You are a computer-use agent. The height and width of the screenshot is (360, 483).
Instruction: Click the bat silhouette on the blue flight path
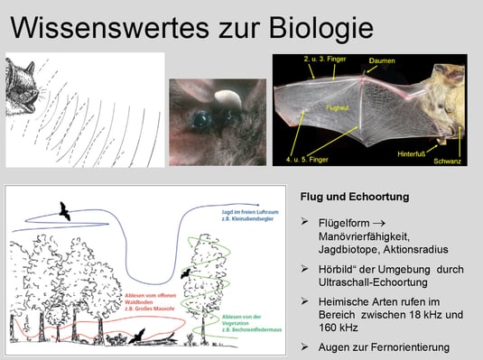tap(64, 211)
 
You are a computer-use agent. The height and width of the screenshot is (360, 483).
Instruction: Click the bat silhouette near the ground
tap(138, 337)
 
